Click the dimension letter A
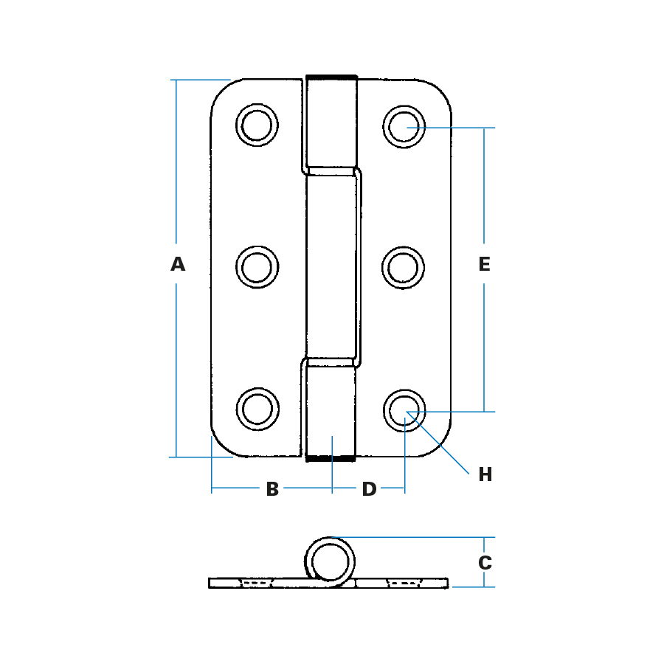178,264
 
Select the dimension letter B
272,489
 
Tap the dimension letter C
485,563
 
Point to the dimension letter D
370,489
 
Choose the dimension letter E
485,264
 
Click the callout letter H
485,474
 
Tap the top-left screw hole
257,125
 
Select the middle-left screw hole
257,267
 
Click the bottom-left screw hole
257,409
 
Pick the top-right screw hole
404,127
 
